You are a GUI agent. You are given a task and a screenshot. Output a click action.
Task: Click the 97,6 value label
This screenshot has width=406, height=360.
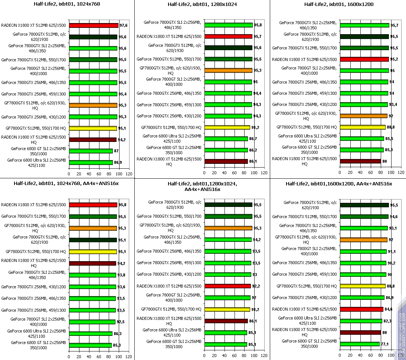[x=123, y=26]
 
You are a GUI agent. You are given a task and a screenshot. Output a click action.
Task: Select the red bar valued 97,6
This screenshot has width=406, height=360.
[x=94, y=25]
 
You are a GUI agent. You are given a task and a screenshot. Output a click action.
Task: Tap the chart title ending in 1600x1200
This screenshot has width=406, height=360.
[x=338, y=4]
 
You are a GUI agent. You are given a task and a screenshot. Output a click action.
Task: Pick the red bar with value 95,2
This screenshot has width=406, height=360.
[x=364, y=59]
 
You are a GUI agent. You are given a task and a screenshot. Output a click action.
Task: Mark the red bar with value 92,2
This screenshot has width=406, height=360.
[x=227, y=286]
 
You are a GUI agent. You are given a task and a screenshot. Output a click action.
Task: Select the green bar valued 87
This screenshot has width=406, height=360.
[x=91, y=151]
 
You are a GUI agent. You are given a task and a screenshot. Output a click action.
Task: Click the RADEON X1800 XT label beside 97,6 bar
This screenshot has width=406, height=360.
[x=34, y=26]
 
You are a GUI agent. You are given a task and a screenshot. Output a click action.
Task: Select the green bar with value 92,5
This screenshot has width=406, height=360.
[x=92, y=322]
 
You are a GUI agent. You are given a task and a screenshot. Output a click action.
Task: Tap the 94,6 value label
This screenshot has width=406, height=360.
[x=394, y=217]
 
